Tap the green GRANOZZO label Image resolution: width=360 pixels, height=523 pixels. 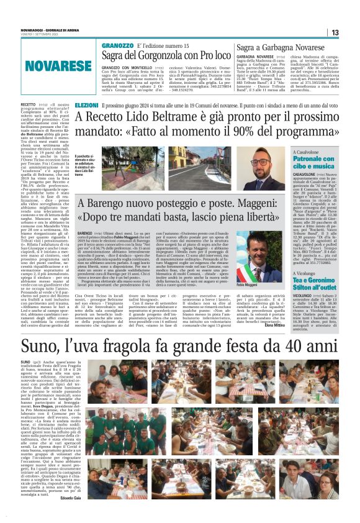[117, 46]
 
